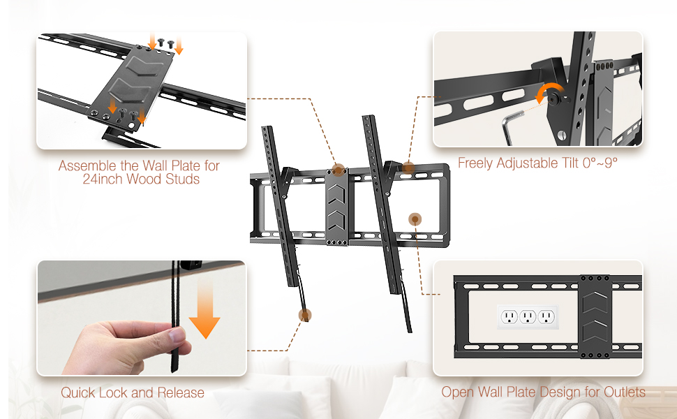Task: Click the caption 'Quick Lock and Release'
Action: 132,392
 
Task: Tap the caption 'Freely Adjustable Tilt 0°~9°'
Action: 537,163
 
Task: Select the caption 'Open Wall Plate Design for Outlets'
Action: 543,392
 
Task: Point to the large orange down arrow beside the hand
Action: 204,309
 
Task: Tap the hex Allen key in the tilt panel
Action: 511,126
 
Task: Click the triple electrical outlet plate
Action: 528,317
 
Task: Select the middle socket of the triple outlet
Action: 528,317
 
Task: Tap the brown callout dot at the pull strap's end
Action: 305,315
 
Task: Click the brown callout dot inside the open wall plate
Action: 415,219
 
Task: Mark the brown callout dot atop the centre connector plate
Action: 338,170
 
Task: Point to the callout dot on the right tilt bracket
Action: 408,168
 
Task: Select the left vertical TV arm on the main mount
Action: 281,207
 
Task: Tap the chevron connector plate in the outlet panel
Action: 595,316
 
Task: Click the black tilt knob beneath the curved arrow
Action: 553,100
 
